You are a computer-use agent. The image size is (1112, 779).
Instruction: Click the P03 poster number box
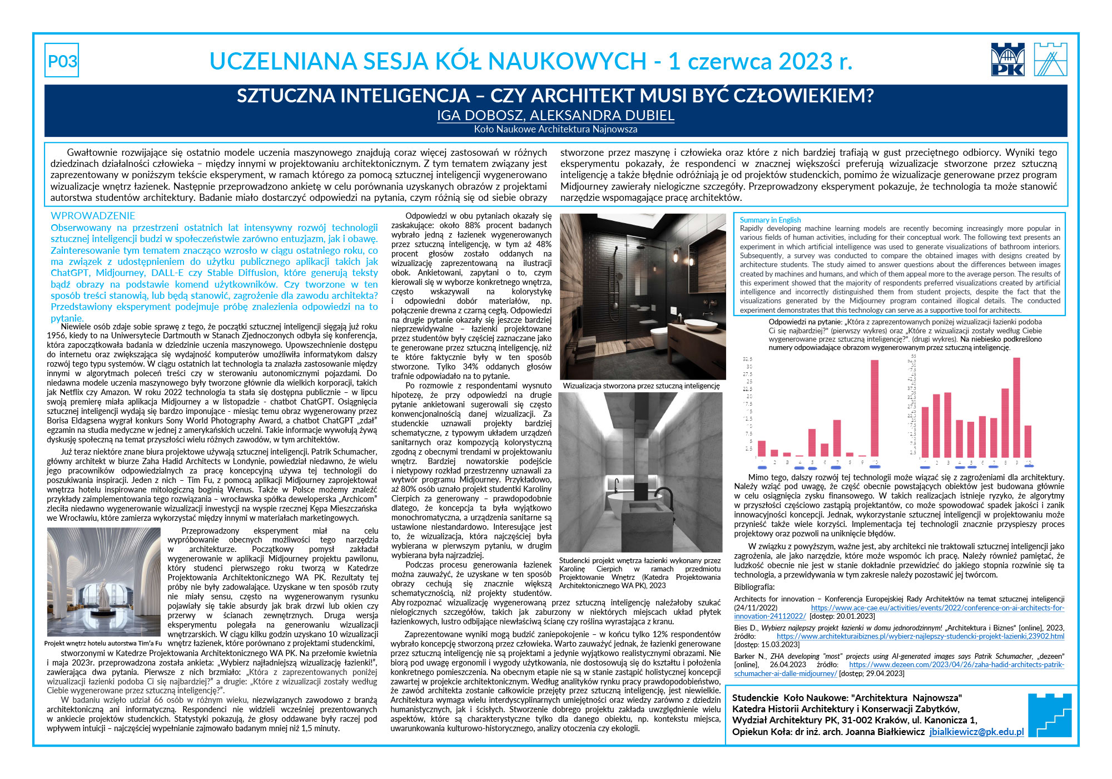62,61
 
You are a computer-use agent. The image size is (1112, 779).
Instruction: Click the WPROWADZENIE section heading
93,216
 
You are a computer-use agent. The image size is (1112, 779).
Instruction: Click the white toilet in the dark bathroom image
659,339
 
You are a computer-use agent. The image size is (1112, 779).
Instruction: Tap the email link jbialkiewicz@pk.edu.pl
976,732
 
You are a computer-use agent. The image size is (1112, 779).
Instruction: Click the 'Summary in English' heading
770,220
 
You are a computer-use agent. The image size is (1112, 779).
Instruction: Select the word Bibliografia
754,587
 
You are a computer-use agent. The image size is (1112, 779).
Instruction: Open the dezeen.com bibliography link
956,665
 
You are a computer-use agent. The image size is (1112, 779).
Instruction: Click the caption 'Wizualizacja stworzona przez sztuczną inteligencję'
641,386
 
